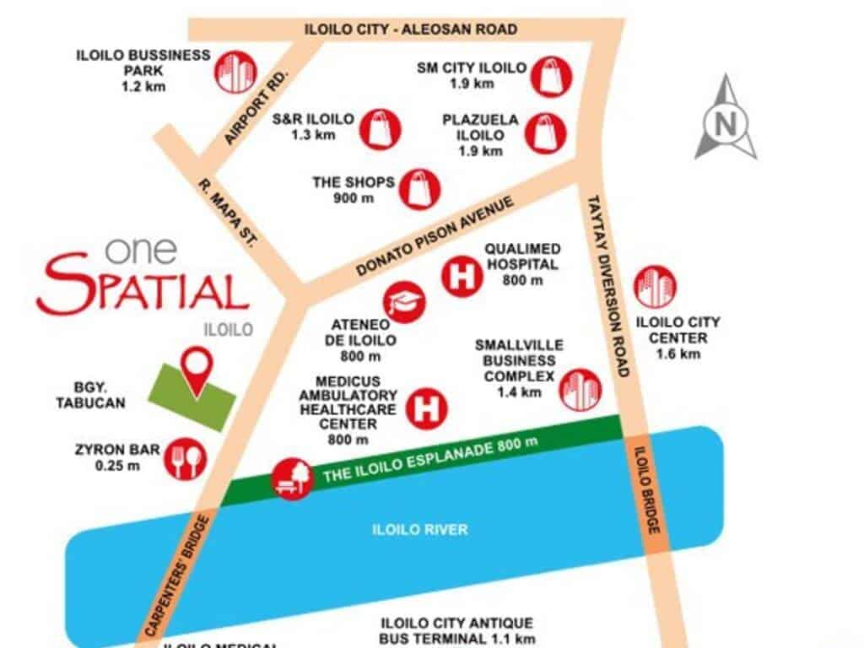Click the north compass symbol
(x=725, y=119)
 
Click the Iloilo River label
(x=419, y=530)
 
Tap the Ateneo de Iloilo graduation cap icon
(x=405, y=300)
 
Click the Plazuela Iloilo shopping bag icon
(x=546, y=133)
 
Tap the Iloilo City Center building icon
(x=655, y=286)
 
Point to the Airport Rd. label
(x=258, y=107)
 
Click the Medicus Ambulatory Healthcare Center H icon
(x=427, y=408)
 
